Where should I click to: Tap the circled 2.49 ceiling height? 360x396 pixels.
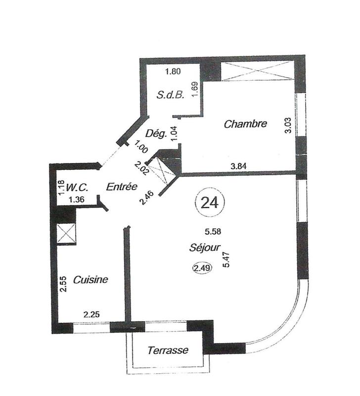tap(201, 269)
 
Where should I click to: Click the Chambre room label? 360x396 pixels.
tap(245, 124)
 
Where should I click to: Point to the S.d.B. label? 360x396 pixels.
tap(171, 95)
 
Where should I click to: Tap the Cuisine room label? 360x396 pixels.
tap(90, 280)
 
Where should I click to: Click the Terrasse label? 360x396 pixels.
tap(168, 350)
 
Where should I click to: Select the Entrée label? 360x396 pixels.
tap(121, 187)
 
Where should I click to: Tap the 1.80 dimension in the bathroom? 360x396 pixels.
tap(173, 71)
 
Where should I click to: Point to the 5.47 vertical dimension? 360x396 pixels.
tap(227, 259)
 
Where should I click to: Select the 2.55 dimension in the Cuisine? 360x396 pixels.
tap(63, 285)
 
